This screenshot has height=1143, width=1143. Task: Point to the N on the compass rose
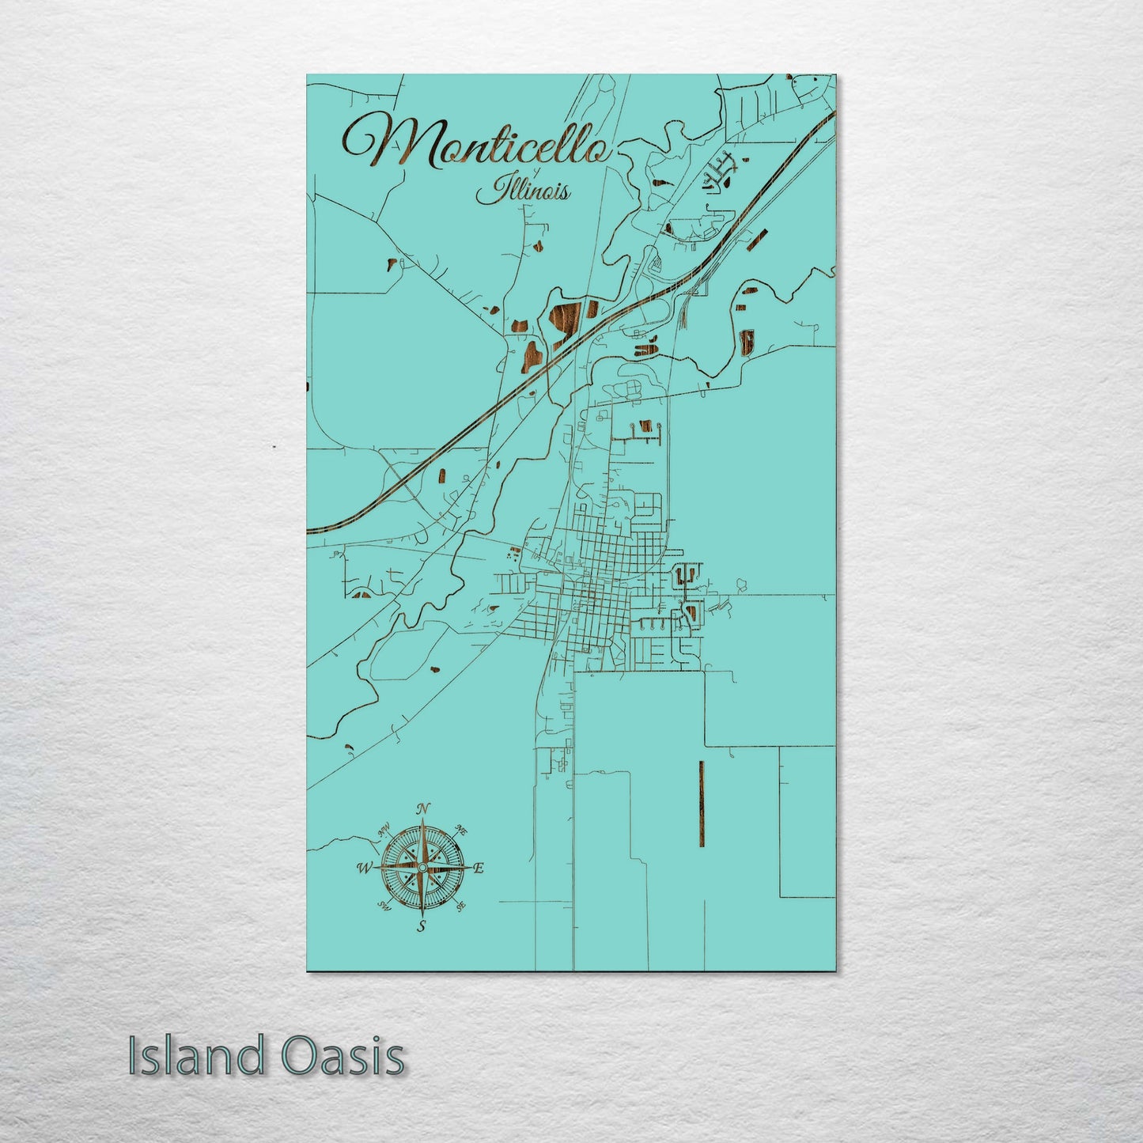423,808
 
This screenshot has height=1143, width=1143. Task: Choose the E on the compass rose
478,868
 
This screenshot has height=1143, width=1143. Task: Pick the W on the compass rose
365,868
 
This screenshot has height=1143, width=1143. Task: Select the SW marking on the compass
384,906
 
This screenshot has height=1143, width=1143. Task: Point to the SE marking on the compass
461,906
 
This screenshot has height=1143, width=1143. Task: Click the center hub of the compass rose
422,868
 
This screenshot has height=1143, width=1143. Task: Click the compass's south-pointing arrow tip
422,915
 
